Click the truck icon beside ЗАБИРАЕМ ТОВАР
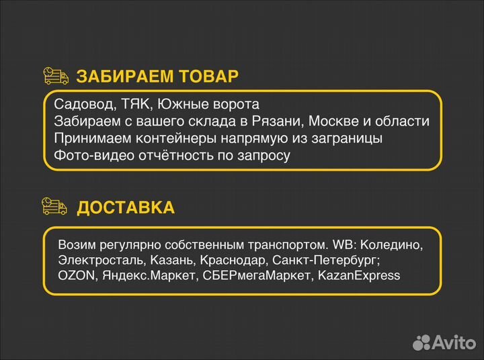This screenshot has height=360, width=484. coord(56,76)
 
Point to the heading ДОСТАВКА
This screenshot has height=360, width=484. coord(126,208)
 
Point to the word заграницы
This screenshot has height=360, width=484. coord(351,138)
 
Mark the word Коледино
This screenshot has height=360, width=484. coord(399,245)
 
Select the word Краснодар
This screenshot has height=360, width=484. coord(229,260)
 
